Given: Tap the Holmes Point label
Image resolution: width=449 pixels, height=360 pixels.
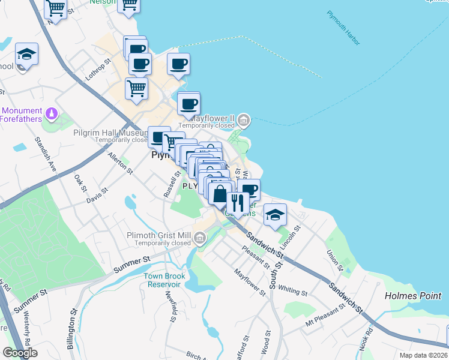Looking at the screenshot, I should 412,296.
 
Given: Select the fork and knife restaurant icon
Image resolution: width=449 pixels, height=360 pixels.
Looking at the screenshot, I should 238,203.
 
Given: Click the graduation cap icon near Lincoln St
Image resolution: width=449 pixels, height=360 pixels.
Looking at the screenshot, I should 275,214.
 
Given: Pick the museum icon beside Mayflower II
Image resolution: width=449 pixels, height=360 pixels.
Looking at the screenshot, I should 243,119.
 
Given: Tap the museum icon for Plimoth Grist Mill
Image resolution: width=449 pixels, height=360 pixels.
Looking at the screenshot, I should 200,240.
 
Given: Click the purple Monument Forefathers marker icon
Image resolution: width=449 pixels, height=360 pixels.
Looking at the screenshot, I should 52,113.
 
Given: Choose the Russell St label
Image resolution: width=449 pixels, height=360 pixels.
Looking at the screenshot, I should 172,185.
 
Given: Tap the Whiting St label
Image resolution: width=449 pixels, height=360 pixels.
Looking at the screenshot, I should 293,290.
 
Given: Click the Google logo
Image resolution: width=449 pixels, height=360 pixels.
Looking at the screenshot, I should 19,352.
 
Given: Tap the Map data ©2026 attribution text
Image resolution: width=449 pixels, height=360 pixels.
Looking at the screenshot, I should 423,355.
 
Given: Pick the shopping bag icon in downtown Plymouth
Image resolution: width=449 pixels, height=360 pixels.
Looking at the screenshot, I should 220,194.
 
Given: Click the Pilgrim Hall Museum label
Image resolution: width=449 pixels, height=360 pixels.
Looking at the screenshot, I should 111,133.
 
